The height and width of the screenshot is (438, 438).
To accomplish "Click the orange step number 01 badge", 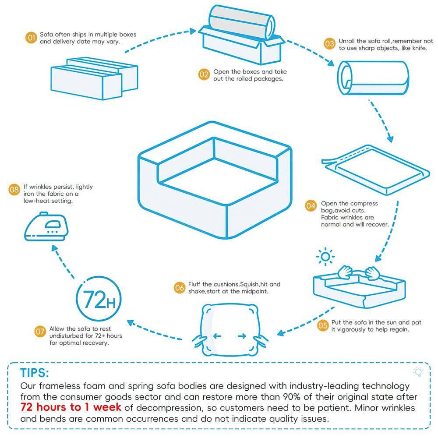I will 31,38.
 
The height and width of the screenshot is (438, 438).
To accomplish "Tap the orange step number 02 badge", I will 204,75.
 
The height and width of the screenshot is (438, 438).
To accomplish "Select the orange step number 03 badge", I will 329,43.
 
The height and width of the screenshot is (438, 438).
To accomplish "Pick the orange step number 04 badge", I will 311,205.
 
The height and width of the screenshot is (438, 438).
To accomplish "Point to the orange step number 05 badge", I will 323,325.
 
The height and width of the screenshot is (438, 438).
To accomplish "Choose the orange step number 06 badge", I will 180,288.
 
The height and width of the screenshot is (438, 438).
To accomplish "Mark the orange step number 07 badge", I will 40,332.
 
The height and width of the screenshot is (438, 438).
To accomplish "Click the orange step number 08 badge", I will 14,190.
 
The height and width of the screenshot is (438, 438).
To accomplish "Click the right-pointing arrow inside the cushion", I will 241,336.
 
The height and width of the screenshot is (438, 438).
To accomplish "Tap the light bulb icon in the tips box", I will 418,372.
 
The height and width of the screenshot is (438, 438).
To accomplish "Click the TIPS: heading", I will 35,373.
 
